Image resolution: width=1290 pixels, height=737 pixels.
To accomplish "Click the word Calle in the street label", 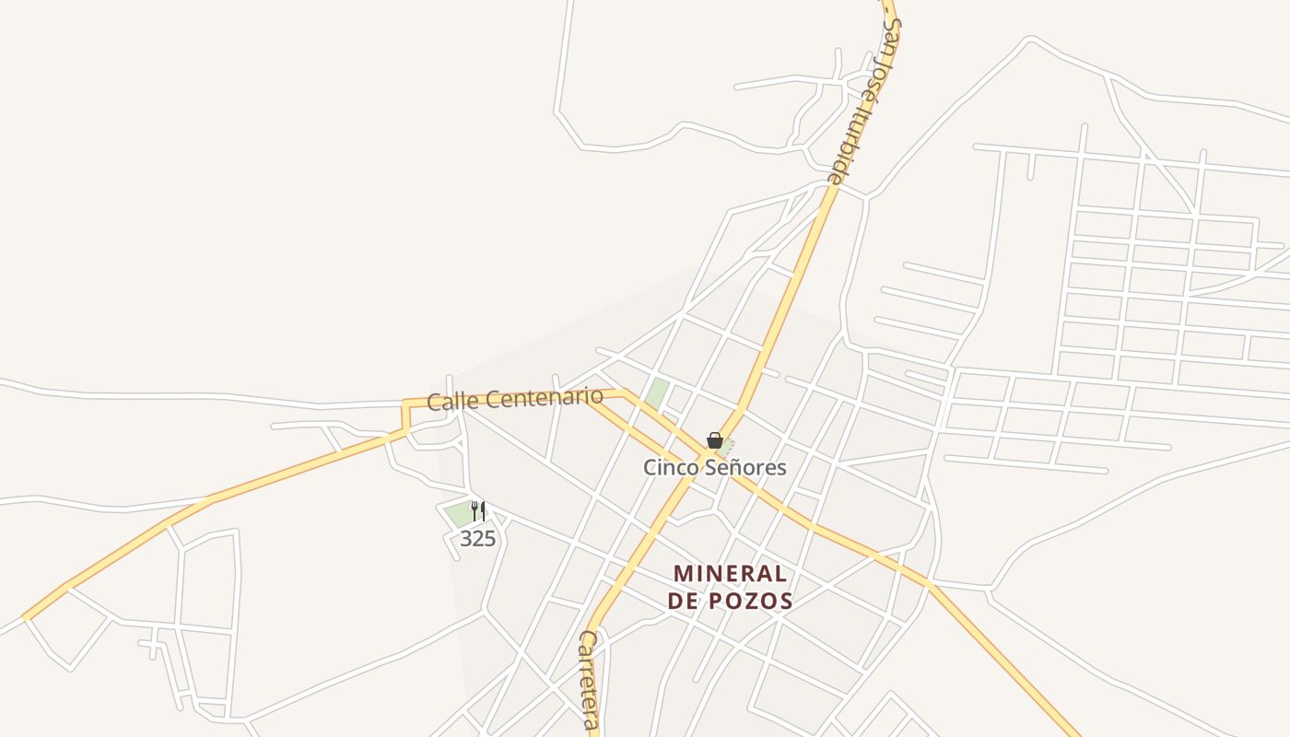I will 451,401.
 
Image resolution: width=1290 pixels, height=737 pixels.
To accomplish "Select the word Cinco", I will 671,467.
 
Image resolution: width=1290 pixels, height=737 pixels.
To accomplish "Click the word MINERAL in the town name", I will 730,574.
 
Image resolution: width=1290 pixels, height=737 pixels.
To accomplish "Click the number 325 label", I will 477,539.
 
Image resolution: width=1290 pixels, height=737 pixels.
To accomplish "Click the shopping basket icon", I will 714,440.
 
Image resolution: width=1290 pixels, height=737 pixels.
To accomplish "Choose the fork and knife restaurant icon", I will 477,511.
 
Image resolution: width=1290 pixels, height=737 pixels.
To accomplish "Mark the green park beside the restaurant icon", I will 458,514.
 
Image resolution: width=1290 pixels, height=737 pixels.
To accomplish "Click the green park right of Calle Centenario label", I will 657,393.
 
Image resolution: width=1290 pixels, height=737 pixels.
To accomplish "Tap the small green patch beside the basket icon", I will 727,446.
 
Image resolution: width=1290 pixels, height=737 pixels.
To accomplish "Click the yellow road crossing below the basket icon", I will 707,455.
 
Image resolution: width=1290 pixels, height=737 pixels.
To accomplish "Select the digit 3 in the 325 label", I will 466,539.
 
